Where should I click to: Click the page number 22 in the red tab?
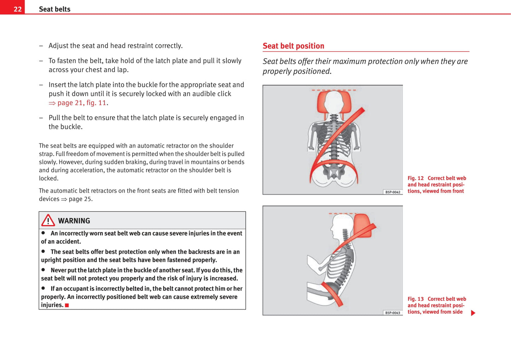click(17, 9)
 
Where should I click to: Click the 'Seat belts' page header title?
click(54, 9)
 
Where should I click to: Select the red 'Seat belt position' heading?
click(293, 46)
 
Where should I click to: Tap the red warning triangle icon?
click(48, 220)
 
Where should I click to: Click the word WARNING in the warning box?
click(74, 221)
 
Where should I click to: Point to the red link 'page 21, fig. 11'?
click(81, 103)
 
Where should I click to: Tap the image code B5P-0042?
click(393, 192)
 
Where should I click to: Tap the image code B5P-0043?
click(393, 313)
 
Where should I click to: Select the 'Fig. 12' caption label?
click(416, 178)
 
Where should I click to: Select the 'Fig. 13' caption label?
click(416, 299)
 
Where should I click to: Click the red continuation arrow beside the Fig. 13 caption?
click(473, 313)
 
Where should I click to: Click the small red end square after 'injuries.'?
click(67, 305)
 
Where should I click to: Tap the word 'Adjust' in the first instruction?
click(58, 46)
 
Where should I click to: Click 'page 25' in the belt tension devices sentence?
click(81, 199)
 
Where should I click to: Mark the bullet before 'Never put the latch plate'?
click(43, 270)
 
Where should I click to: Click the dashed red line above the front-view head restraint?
click(334, 90)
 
